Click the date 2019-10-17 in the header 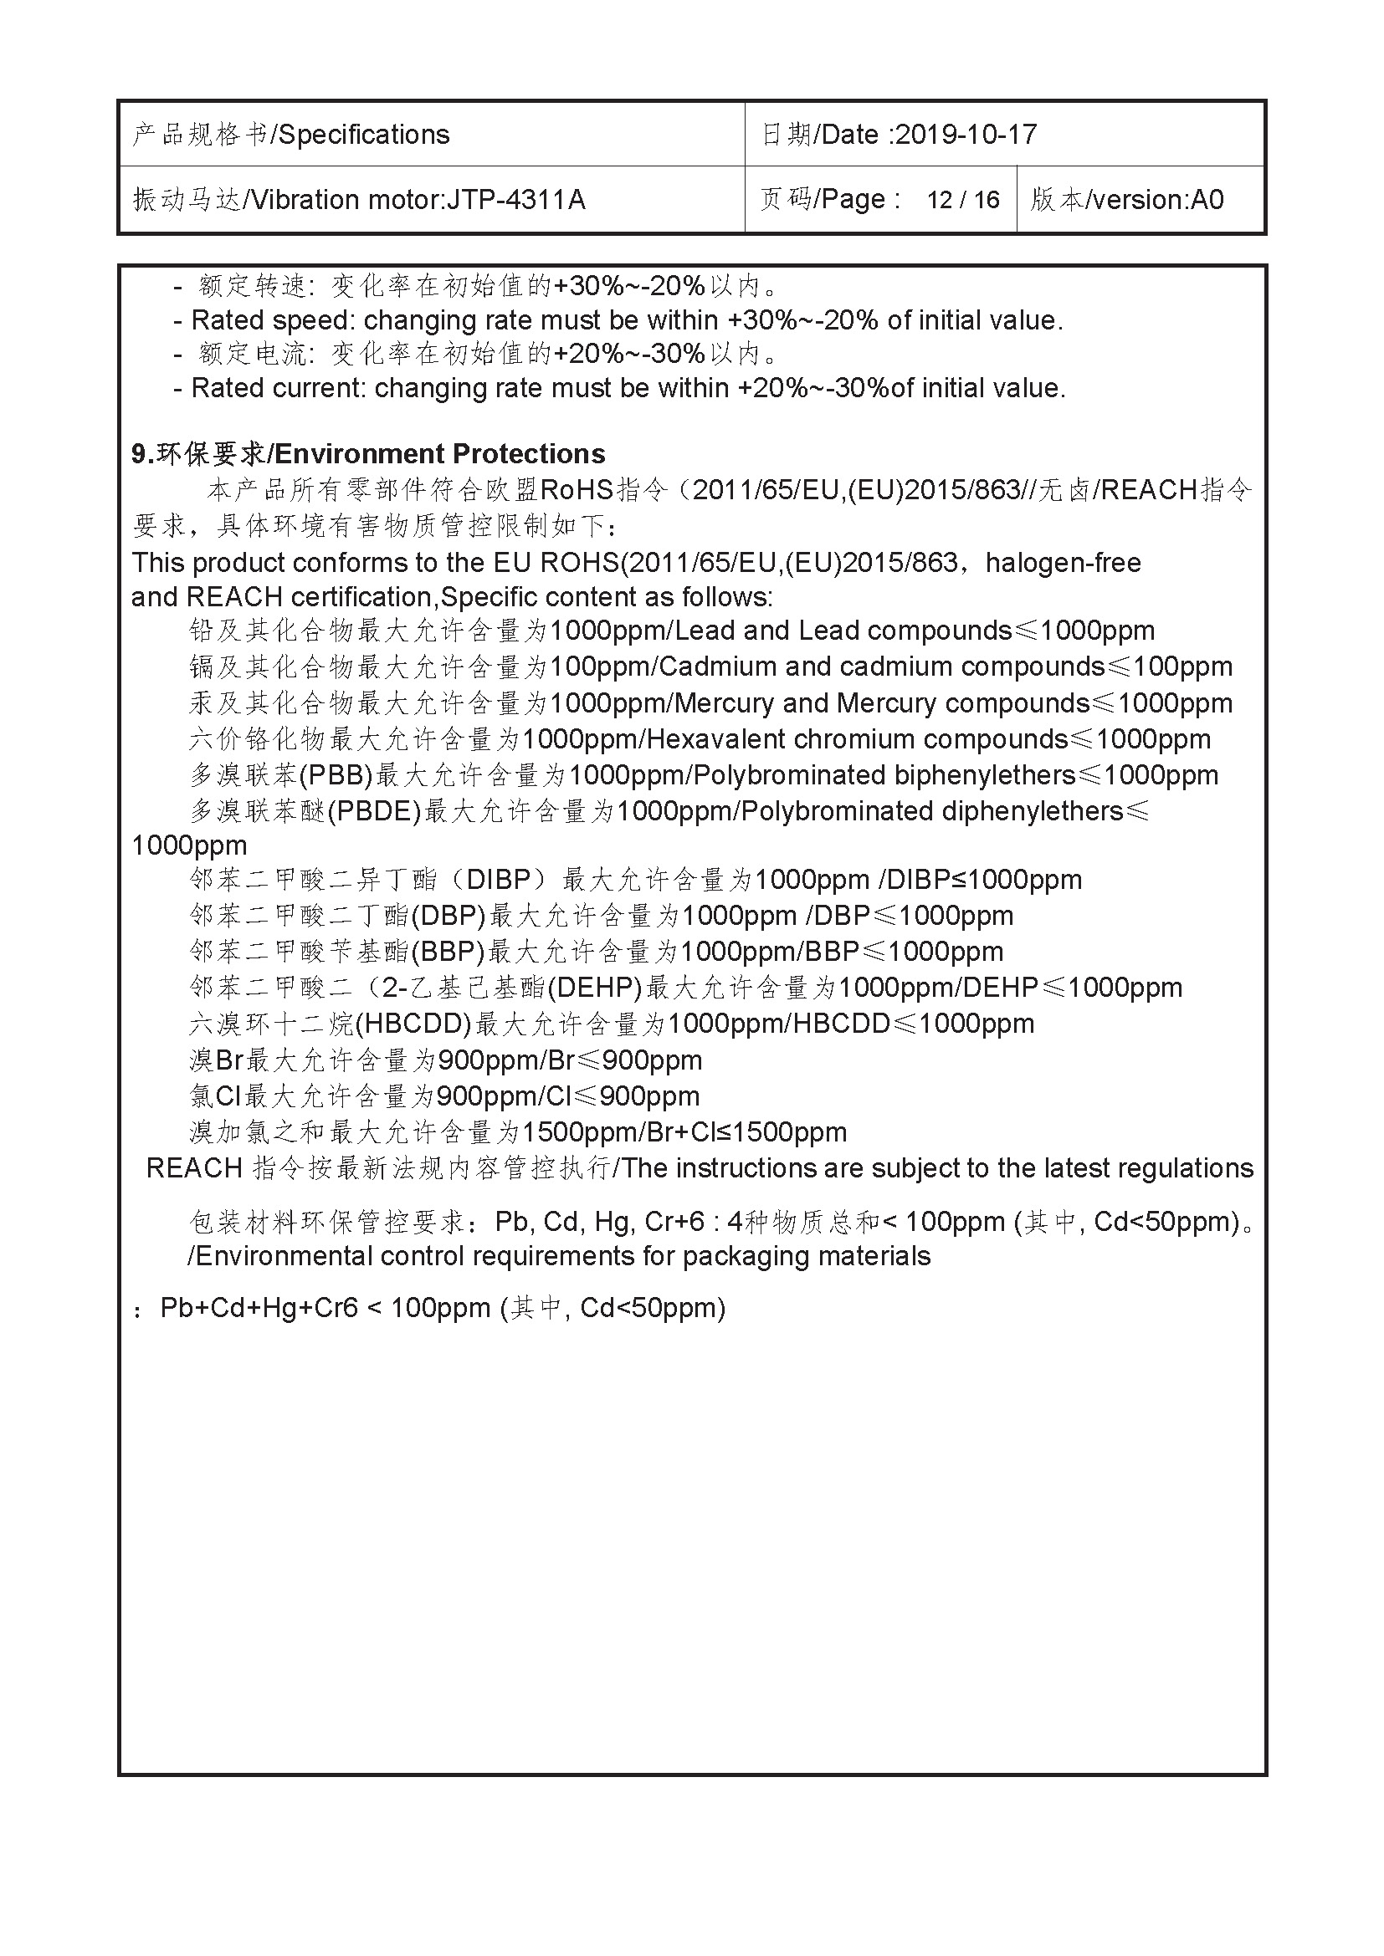click(x=966, y=135)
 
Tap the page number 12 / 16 click(x=963, y=199)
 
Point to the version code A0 click(x=1207, y=199)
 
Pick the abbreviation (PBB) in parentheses click(x=338, y=775)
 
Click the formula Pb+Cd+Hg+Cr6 click(x=259, y=1308)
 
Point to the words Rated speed click(x=272, y=320)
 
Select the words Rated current click(x=278, y=389)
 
